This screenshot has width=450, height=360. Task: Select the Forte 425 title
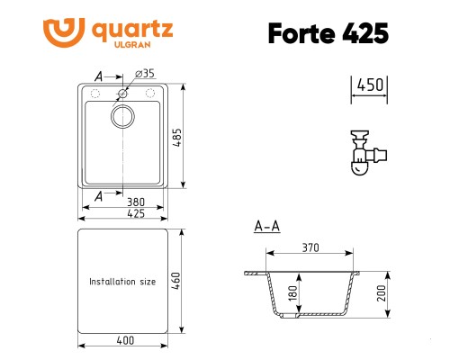coord(328,32)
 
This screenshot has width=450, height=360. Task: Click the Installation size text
coord(122,282)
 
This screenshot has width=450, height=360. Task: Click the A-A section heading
coord(266,226)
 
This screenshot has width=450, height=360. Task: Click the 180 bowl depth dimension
coord(291,293)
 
